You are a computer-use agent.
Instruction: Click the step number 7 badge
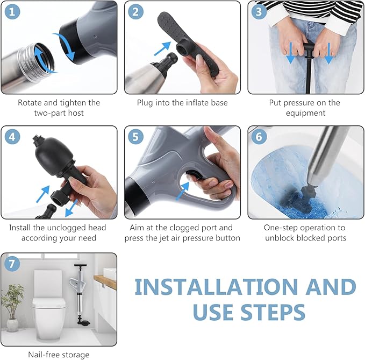click(12, 264)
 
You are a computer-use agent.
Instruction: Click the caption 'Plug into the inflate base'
click(182, 102)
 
